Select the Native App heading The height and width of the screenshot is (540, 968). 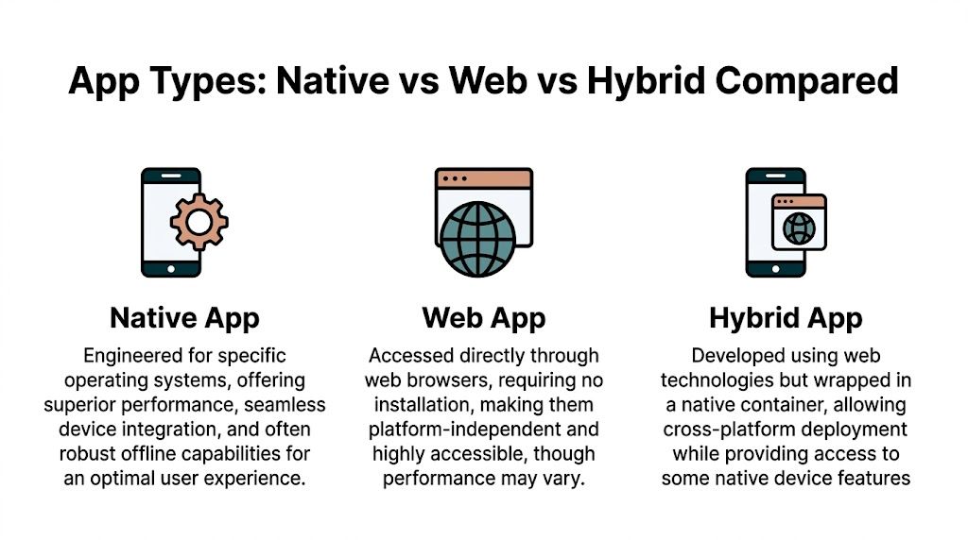[184, 318]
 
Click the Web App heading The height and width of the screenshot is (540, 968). [484, 318]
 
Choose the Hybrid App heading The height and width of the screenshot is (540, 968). [786, 318]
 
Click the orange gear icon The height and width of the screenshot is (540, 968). [199, 221]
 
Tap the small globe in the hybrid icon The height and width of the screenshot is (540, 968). [800, 227]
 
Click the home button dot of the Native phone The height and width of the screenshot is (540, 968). [171, 268]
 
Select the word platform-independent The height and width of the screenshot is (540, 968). [465, 430]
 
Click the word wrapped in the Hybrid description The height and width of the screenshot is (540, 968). [847, 380]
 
